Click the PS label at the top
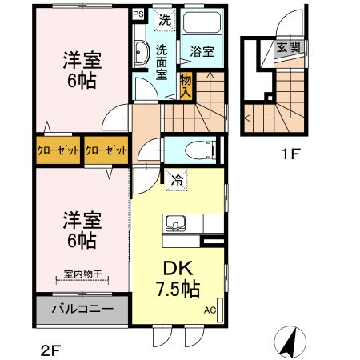(138, 14)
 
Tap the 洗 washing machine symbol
(164, 19)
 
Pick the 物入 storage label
(186, 84)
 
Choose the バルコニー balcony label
(82, 309)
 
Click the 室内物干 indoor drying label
(82, 274)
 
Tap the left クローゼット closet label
(58, 150)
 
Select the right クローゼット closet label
(106, 150)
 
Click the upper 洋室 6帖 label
(82, 70)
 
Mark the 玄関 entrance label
(288, 47)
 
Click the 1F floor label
(290, 155)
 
